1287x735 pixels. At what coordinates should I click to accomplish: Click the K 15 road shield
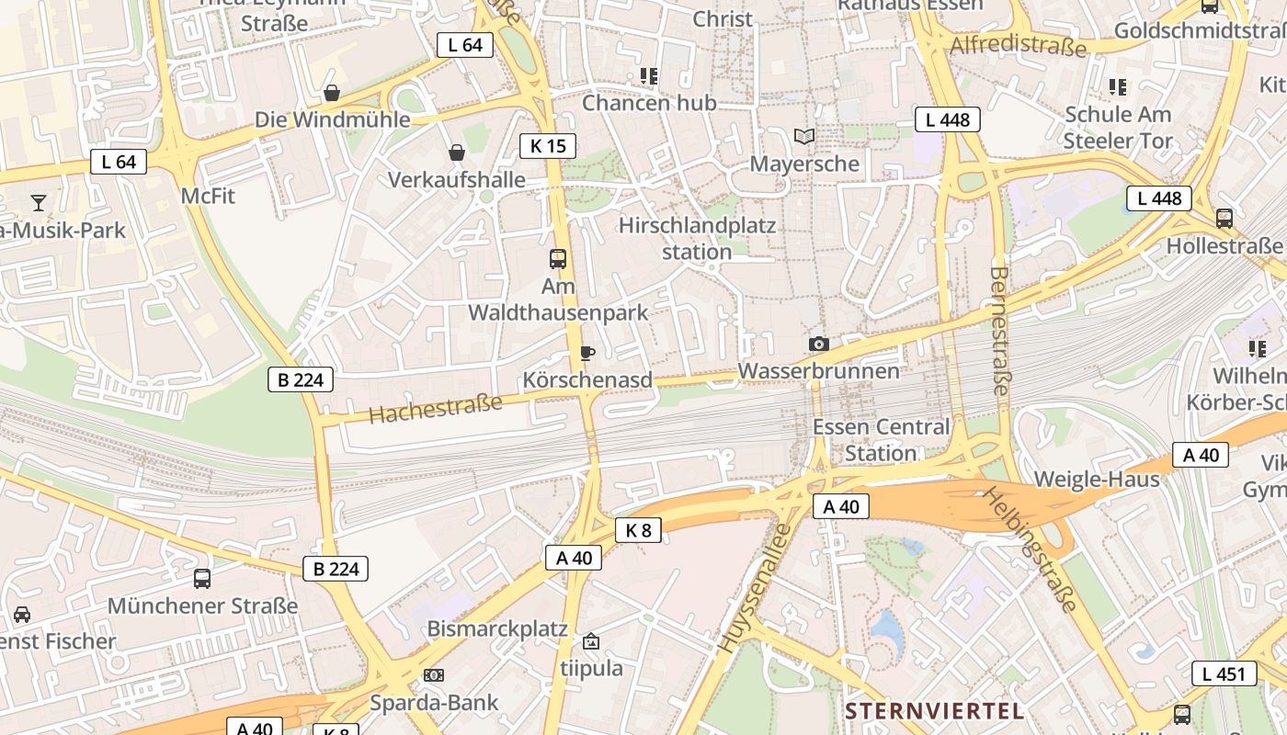coord(548,145)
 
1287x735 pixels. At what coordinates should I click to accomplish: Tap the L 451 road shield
coord(1224,673)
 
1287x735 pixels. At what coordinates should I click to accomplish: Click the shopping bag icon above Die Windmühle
coord(332,93)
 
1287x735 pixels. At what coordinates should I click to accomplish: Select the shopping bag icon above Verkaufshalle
coord(456,153)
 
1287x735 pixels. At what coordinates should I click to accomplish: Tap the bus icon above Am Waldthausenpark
coord(558,259)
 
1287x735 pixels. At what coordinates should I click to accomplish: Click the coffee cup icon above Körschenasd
coord(587,353)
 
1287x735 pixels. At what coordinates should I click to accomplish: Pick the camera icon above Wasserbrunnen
coord(818,345)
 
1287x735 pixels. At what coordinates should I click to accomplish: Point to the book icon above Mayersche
coord(804,137)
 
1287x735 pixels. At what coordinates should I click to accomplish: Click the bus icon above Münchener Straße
coord(202,579)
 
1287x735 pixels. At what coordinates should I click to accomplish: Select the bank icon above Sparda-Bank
coord(433,675)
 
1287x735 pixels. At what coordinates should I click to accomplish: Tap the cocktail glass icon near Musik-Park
coord(39,202)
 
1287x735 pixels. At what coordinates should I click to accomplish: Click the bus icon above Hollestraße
coord(1224,219)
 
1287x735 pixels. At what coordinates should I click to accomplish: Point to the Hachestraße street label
coord(436,408)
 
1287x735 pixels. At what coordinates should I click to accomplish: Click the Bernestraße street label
coord(1000,331)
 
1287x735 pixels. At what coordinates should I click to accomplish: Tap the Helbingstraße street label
coord(1030,548)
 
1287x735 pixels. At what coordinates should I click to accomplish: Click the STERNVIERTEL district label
coord(934,710)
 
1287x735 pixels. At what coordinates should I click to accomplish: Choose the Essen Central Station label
coord(881,440)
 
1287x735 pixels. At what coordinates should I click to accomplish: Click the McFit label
coord(209,196)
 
